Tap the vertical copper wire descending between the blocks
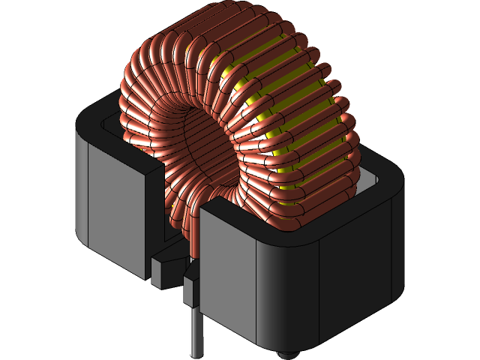click(196, 232)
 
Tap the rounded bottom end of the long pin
click(196, 353)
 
